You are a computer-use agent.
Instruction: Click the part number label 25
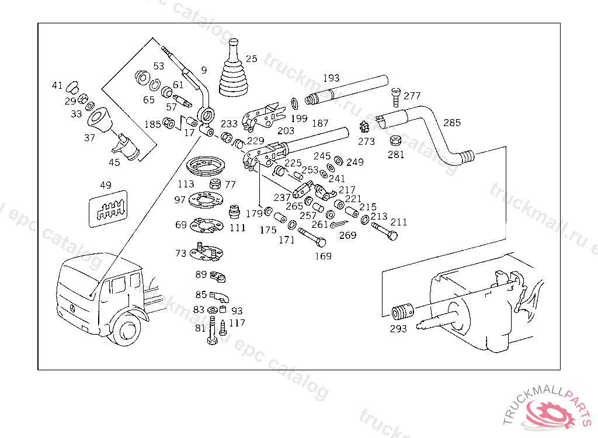(x=251, y=58)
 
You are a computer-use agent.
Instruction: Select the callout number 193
(x=331, y=78)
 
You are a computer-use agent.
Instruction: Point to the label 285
(x=452, y=123)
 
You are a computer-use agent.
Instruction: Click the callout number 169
(x=323, y=256)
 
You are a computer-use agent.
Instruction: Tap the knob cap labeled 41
(x=72, y=86)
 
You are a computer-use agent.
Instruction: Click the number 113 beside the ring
(x=186, y=185)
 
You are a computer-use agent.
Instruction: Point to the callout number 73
(x=181, y=253)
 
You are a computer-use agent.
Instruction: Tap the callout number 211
(x=399, y=223)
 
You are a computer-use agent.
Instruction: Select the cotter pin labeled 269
(x=340, y=225)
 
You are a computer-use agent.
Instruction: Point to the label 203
(x=286, y=131)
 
